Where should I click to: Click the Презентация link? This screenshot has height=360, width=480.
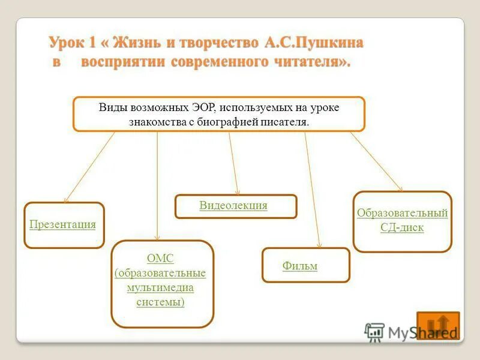click(63, 224)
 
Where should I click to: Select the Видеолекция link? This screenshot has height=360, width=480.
click(233, 206)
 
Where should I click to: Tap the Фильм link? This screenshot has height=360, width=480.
click(300, 266)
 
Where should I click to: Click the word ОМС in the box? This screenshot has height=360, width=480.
click(160, 259)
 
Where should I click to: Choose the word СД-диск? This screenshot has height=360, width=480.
click(402, 228)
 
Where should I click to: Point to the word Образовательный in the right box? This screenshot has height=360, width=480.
click(402, 213)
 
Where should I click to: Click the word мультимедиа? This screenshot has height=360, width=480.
click(160, 287)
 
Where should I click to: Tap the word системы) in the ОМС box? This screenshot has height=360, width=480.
click(160, 302)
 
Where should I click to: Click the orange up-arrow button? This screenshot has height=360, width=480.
click(437, 325)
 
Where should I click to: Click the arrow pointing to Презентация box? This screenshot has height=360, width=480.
click(90, 166)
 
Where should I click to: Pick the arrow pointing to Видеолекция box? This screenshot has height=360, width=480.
click(234, 163)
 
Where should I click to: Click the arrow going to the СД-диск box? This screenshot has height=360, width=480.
click(376, 161)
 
